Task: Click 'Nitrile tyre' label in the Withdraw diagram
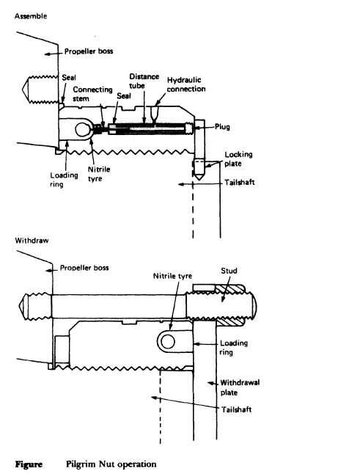pos(172,277)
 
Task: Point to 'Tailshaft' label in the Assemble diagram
pos(240,182)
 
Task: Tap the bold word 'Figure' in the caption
pos(29,464)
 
